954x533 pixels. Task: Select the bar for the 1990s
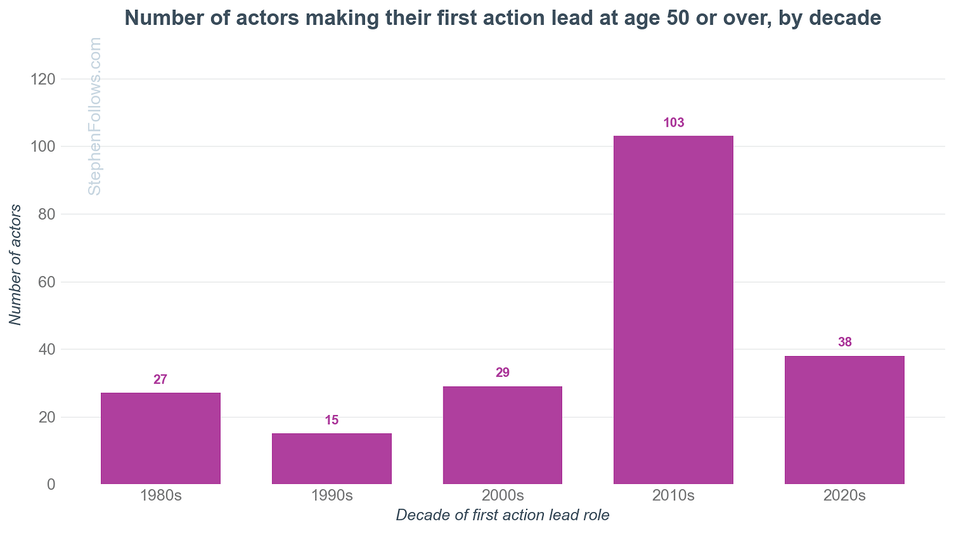tap(332, 458)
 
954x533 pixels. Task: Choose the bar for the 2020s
tap(845, 420)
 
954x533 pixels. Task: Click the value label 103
tap(674, 123)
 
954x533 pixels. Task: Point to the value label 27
tap(161, 380)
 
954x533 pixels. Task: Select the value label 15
tap(332, 420)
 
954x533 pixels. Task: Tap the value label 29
tap(503, 373)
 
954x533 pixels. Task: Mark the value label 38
tap(845, 342)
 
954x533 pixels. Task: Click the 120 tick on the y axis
tap(42, 79)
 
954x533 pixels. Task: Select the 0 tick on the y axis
tap(50, 484)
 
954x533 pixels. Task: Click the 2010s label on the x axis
tap(674, 496)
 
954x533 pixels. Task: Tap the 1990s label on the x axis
tap(332, 496)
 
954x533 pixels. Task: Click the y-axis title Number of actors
tap(16, 265)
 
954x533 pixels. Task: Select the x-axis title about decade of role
tap(503, 515)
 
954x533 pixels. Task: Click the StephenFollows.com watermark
tap(95, 116)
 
